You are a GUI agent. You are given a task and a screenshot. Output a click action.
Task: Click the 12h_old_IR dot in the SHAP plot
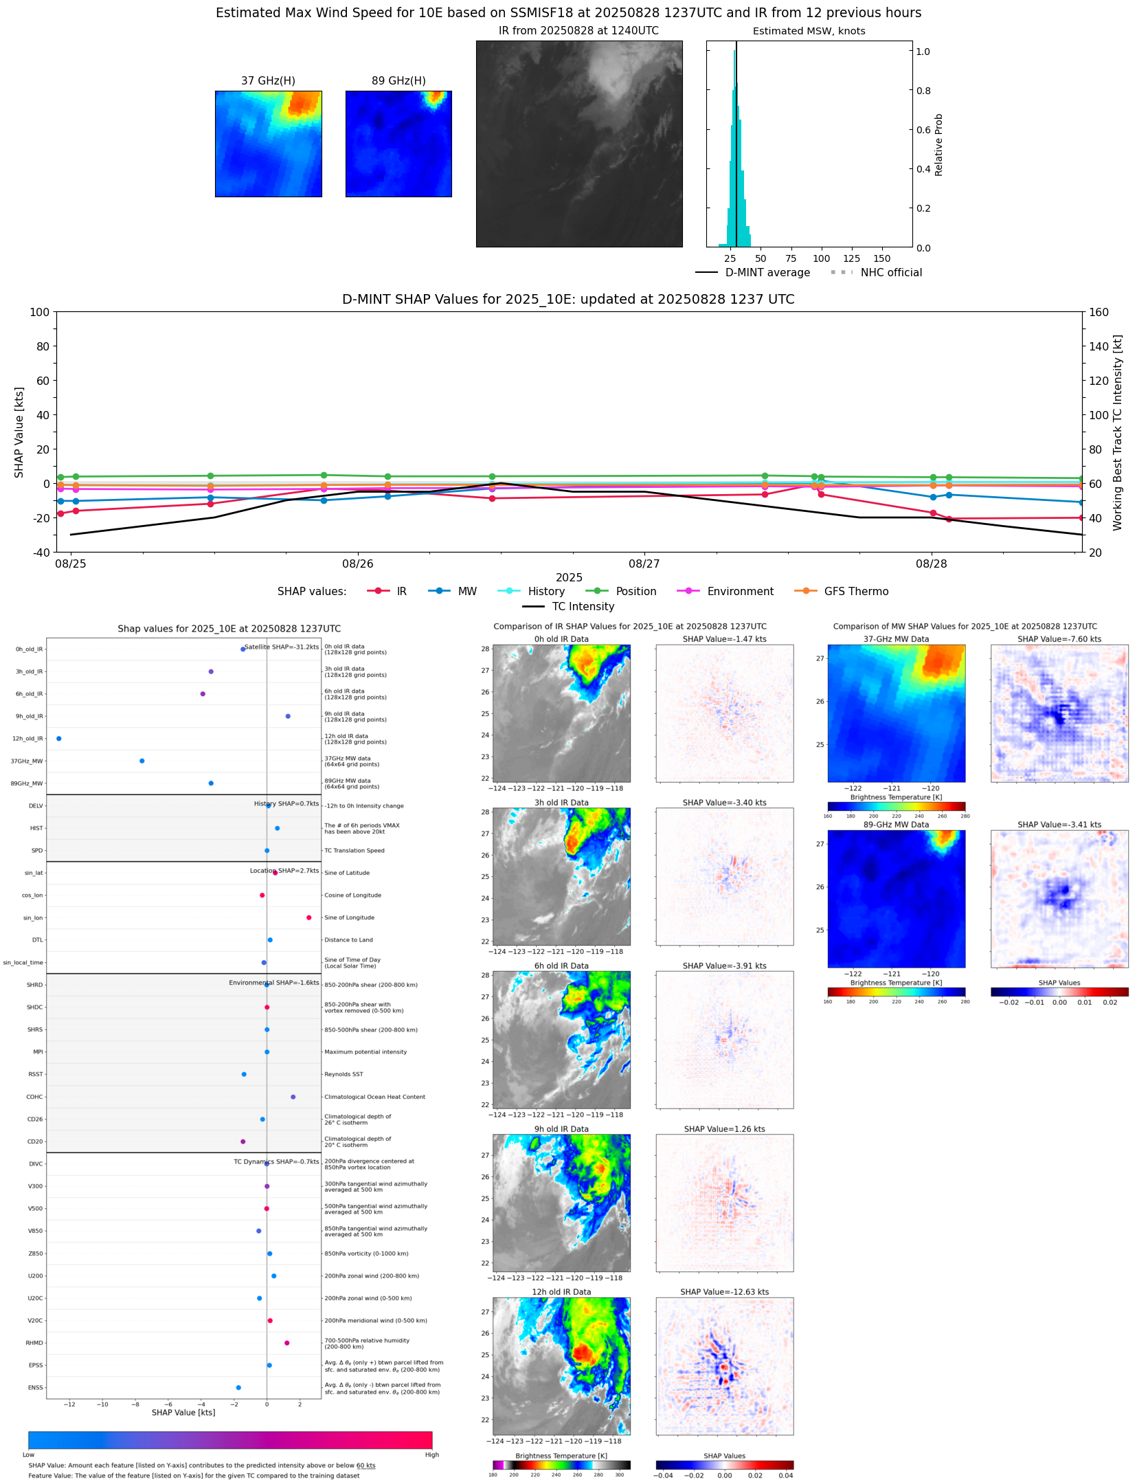[x=59, y=738]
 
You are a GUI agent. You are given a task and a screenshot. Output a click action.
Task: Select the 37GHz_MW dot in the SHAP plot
[x=142, y=761]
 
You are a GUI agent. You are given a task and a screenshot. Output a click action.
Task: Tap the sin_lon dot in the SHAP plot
[x=309, y=917]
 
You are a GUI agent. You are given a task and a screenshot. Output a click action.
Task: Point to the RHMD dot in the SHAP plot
[x=287, y=1343]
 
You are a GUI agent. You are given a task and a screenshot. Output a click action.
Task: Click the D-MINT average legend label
[x=767, y=272]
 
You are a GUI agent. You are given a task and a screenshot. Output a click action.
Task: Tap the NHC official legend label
[x=891, y=272]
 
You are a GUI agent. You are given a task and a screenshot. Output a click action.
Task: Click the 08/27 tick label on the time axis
[x=644, y=564]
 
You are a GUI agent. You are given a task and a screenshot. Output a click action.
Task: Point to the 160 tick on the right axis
[x=1099, y=312]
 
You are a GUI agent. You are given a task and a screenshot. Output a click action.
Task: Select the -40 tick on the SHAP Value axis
[x=39, y=552]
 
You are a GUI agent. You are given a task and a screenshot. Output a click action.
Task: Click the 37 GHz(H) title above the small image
[x=268, y=80]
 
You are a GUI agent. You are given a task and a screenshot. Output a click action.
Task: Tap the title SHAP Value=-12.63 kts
[x=724, y=1292]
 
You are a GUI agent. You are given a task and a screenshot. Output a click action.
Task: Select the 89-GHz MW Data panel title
[x=896, y=825]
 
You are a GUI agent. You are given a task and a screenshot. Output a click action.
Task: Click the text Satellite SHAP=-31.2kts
[x=282, y=647]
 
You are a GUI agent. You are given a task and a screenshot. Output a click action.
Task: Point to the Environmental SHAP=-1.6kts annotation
[x=273, y=983]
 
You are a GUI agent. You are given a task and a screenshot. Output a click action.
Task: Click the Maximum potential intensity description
[x=365, y=1052]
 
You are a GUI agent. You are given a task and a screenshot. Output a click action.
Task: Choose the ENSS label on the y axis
[x=36, y=1387]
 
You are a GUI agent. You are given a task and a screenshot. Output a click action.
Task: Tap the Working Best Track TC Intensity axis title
[x=1118, y=432]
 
